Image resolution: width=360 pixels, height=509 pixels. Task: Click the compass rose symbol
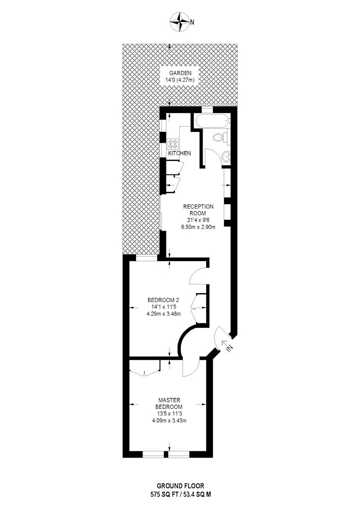[180, 22]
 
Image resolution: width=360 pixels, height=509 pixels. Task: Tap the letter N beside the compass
[192, 22]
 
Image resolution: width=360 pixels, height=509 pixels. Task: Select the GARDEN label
[180, 73]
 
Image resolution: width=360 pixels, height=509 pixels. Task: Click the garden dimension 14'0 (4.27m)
[180, 80]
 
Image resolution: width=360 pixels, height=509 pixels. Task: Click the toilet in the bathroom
[221, 137]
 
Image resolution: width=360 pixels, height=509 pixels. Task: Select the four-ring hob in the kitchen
[173, 143]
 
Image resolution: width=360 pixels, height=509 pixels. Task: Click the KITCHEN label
[180, 153]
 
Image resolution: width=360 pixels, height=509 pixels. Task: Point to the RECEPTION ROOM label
[199, 210]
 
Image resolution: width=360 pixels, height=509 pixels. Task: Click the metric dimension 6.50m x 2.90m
[199, 227]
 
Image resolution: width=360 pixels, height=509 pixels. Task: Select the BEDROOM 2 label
[163, 300]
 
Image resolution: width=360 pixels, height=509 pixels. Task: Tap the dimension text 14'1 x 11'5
[163, 306]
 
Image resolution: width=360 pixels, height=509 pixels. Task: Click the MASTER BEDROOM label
[169, 404]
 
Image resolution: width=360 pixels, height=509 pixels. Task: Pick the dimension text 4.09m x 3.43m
[169, 421]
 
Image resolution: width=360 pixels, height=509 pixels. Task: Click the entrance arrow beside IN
[224, 343]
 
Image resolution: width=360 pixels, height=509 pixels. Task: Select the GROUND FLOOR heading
[180, 486]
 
